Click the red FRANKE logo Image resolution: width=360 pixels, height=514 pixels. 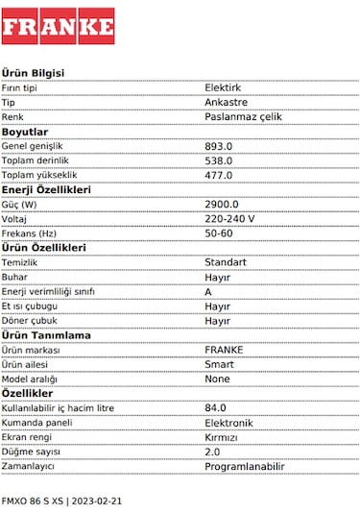coord(58,26)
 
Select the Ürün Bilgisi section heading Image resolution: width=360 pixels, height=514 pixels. coord(34,73)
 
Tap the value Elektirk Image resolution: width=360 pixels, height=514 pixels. coord(223,87)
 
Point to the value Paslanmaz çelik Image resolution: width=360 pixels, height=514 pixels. coord(244,116)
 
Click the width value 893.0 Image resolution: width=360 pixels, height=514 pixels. coord(219,146)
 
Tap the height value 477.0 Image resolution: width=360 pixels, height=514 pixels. coord(219,175)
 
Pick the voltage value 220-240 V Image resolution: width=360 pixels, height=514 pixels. coord(229,219)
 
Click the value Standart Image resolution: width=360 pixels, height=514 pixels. coord(226,262)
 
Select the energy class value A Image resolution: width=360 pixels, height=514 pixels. coord(208,291)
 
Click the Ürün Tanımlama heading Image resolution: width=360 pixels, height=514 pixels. coord(46,335)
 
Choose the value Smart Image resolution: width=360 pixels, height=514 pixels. coord(220,364)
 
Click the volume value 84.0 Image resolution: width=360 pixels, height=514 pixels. coord(216,408)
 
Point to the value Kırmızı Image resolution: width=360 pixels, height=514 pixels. coord(221,437)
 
